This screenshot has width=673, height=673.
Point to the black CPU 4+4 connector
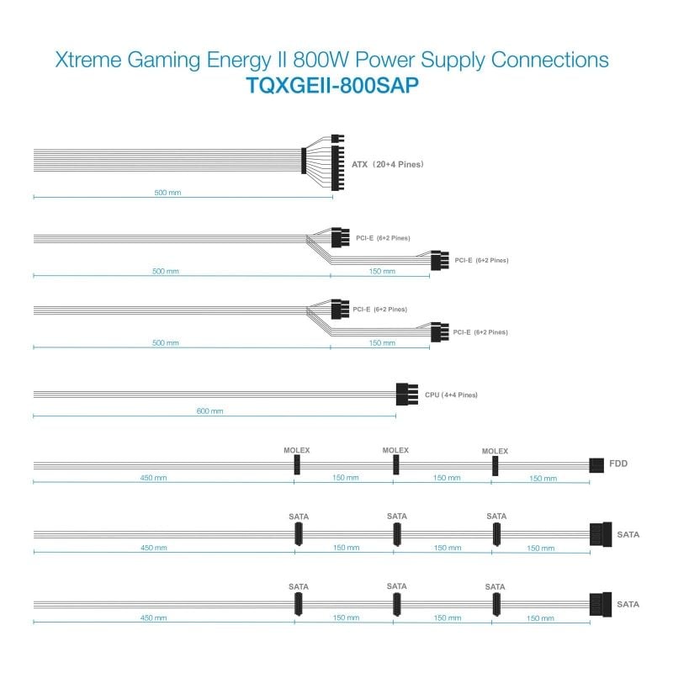(x=406, y=394)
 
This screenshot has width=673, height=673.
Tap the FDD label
(x=619, y=464)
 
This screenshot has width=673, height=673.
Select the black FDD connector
(x=597, y=464)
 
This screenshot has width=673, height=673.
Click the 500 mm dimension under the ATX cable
(x=167, y=193)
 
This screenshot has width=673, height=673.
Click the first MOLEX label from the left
(x=296, y=450)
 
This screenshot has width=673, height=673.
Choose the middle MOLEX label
(x=395, y=450)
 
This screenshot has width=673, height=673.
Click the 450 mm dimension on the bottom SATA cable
(x=154, y=618)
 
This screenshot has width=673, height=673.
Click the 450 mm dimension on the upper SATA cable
(x=154, y=548)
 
